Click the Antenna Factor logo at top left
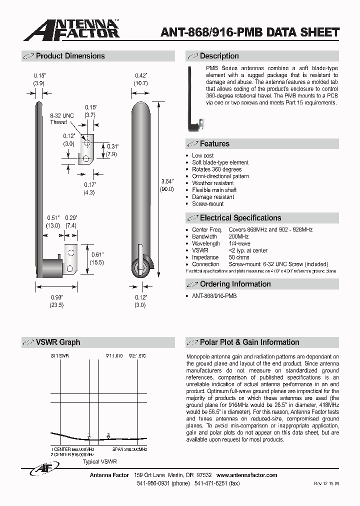point(71,29)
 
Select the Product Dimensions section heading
point(70,56)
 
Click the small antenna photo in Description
point(194,99)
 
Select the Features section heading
point(214,143)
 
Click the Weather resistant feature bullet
point(212,183)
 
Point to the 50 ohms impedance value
point(240,257)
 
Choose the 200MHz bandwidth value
point(238,236)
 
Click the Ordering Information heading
point(235,284)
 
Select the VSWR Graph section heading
point(57,342)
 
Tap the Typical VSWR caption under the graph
point(99,462)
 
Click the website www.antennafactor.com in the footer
point(246,475)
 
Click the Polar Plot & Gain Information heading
point(249,342)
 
